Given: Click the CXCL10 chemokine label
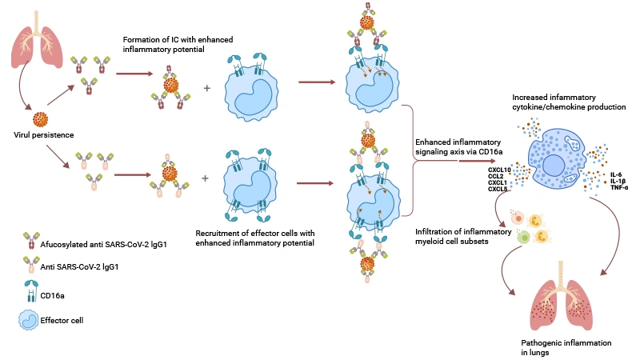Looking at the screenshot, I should pyautogui.click(x=500, y=170).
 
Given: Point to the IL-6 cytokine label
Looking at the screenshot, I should pyautogui.click(x=616, y=174).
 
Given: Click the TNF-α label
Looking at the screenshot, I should pyautogui.click(x=618, y=186).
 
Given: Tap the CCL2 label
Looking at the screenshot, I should pyautogui.click(x=498, y=176).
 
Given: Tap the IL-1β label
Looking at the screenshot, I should pyautogui.click(x=618, y=180).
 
